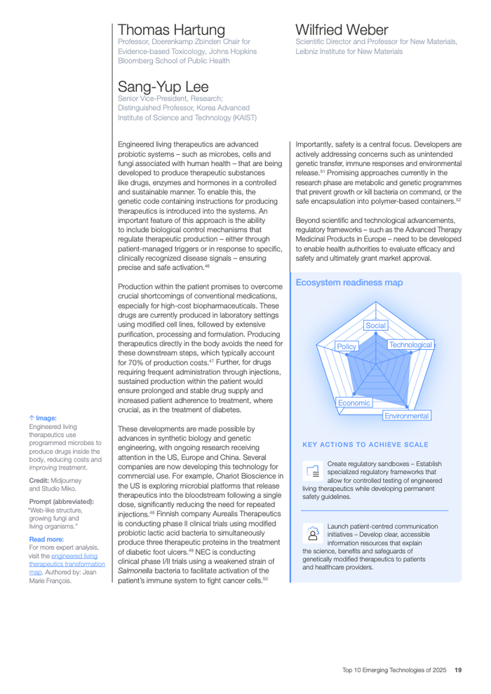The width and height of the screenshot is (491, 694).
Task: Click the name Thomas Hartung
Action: click(171, 29)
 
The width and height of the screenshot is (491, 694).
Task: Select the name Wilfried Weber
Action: click(342, 29)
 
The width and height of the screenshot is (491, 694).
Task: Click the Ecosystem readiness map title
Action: click(349, 283)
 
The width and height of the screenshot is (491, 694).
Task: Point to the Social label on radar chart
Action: click(376, 325)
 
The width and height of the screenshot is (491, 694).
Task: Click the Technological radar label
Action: click(410, 345)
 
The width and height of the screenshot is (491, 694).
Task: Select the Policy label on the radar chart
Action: click(347, 346)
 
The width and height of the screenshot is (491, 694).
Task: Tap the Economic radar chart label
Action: click(354, 402)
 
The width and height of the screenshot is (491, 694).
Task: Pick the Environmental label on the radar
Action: click(406, 416)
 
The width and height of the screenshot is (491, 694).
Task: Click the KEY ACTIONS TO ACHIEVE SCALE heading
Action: click(365, 444)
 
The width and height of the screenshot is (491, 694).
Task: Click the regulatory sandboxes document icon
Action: click(313, 470)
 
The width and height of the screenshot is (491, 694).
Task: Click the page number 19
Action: click(457, 669)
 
